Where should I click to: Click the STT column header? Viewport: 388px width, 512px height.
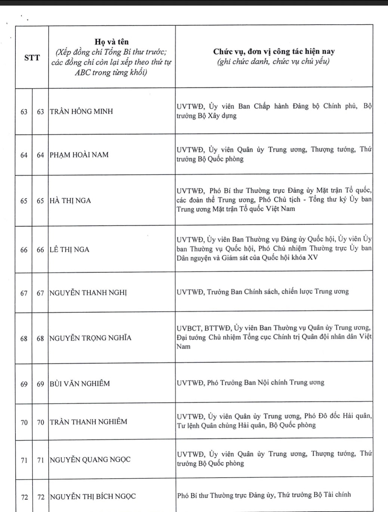(x=32, y=58)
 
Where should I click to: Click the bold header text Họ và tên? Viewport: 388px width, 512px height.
(x=111, y=42)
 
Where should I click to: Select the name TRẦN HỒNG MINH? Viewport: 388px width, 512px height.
(x=81, y=112)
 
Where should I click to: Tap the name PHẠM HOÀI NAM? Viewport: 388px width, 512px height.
(x=79, y=155)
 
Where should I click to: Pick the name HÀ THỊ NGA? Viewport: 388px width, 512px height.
(x=70, y=201)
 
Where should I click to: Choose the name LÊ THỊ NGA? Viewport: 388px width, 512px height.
(x=70, y=250)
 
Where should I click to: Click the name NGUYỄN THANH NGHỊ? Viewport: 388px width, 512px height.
(x=88, y=293)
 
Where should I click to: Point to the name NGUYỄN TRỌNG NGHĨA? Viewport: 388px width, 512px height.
(x=90, y=338)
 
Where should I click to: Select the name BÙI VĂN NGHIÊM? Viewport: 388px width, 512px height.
(x=80, y=384)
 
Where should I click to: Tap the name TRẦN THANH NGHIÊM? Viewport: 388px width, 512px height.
(x=89, y=422)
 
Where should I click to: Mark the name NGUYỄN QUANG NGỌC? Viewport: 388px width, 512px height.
(x=90, y=460)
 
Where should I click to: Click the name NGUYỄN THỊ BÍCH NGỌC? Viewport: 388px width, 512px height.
(x=93, y=497)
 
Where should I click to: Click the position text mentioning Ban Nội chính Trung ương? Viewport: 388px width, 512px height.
(x=250, y=383)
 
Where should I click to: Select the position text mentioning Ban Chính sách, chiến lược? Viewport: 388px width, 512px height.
(x=262, y=292)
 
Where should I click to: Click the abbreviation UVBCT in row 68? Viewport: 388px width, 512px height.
(x=189, y=328)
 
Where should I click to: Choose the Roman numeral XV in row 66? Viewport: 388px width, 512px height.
(x=312, y=257)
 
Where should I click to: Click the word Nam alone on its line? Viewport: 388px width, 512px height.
(x=184, y=347)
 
